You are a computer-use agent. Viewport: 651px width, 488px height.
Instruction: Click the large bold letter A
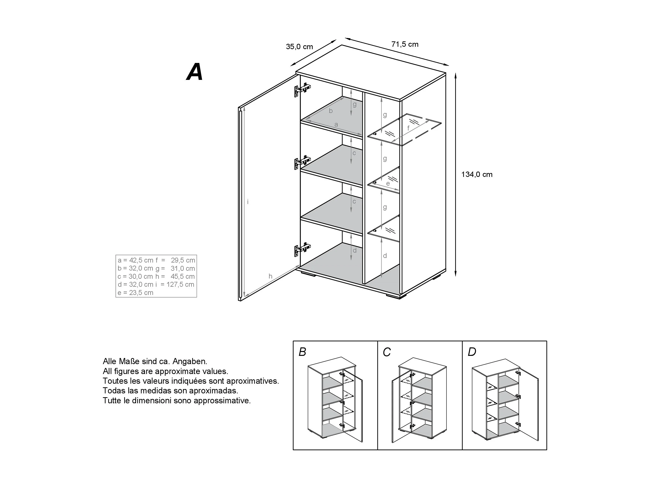195,72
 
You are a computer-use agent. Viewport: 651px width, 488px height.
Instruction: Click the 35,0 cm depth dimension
299,47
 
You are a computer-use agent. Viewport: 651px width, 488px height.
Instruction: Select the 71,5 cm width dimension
405,45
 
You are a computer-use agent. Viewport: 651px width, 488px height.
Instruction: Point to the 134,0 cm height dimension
476,175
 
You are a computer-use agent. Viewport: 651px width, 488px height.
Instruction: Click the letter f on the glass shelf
408,128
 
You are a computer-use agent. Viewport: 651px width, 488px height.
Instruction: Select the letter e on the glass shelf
388,184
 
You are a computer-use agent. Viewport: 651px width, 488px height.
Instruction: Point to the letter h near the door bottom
270,276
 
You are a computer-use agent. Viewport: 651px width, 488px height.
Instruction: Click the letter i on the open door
248,202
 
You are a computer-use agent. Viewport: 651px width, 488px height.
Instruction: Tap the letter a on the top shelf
336,124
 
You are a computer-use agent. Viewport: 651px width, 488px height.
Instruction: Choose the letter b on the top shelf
331,111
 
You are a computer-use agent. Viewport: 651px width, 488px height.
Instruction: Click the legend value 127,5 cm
180,285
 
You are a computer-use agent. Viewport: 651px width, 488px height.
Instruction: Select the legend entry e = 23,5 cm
135,293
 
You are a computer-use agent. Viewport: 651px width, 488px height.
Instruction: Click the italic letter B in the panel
302,352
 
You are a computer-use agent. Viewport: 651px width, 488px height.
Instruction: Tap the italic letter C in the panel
387,352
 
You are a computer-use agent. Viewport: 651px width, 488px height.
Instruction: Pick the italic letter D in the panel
472,352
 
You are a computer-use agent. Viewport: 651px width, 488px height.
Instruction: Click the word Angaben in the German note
190,361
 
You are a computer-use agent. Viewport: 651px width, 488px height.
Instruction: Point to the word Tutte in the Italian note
112,401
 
